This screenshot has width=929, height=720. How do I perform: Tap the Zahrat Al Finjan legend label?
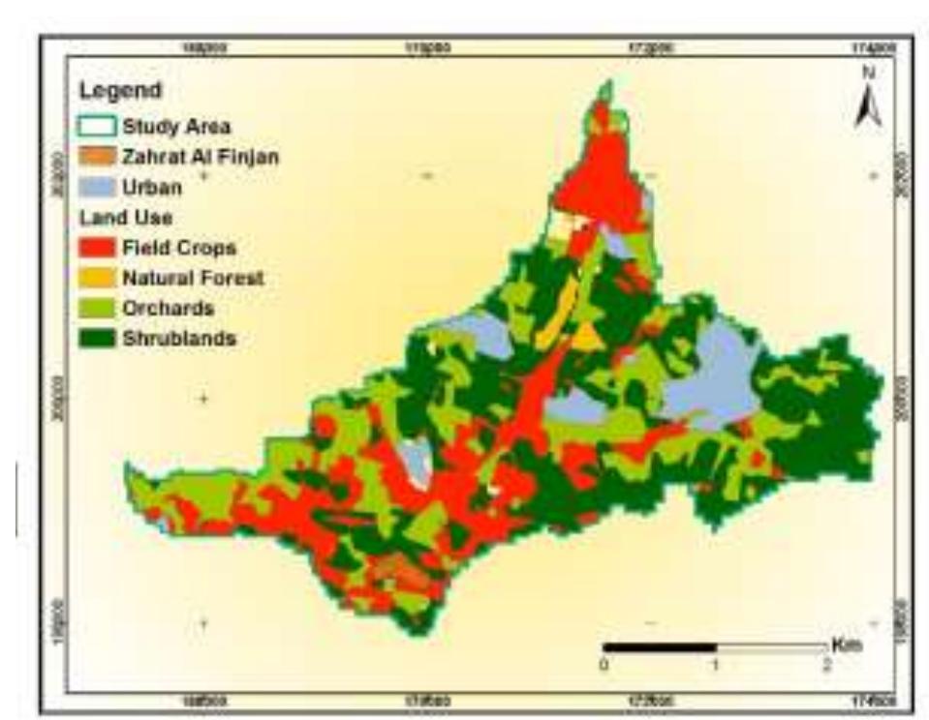(200, 157)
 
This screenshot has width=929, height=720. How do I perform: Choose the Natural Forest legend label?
(193, 279)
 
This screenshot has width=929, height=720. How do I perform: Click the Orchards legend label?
(168, 309)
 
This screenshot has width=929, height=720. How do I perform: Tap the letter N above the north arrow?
(869, 73)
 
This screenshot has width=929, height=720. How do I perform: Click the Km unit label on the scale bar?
(845, 645)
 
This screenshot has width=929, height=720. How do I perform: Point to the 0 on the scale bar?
(604, 666)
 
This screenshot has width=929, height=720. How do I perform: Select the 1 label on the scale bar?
(715, 666)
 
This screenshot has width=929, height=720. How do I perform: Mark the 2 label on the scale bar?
(826, 666)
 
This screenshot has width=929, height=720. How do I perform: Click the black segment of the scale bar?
(659, 646)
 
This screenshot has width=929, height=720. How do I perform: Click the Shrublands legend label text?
(179, 339)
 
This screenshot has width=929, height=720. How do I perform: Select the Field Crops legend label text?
(178, 249)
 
